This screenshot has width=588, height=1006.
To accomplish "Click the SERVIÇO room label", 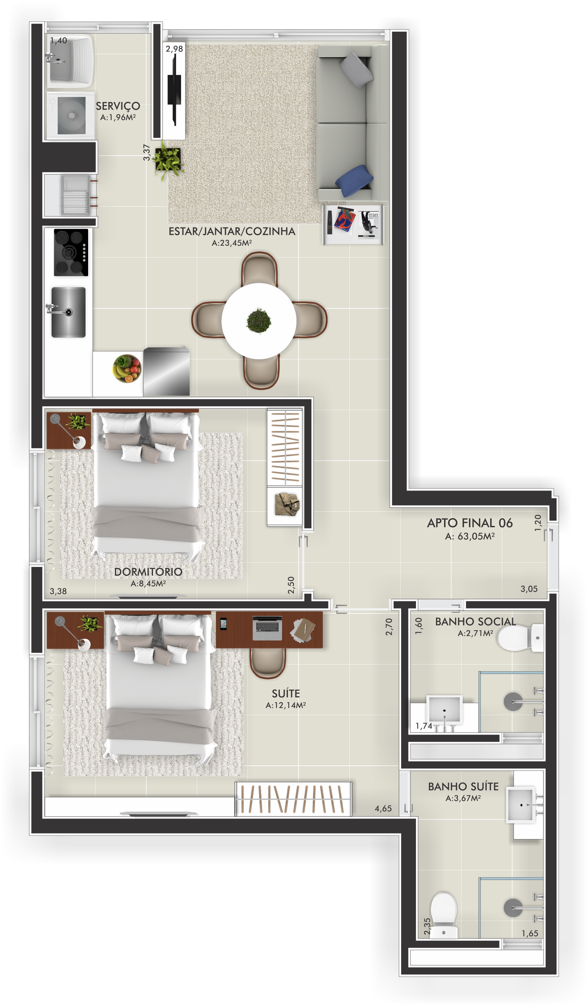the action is [118, 106].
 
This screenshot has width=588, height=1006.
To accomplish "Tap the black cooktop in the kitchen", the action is [71, 252].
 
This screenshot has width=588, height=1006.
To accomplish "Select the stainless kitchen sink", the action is [68, 312].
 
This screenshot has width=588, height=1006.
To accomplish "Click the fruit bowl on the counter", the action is [127, 368].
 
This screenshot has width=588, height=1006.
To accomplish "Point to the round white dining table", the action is [259, 321].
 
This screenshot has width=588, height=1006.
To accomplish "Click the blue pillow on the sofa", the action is [354, 180].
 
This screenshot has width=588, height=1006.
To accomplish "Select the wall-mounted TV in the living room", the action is [174, 89].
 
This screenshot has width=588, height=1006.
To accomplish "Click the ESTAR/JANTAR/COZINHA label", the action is [232, 231].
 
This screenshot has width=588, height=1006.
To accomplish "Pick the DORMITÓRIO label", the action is [148, 572].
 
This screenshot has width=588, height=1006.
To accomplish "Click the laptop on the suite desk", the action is [267, 628].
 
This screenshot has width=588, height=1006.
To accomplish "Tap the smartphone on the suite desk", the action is [223, 623].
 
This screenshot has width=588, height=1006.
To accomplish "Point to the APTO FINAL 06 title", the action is [470, 523].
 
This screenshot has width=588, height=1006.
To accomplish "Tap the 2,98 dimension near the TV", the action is [174, 49].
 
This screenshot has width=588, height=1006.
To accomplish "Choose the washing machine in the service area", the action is [71, 115].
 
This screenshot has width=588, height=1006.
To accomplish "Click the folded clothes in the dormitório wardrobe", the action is [287, 504].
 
